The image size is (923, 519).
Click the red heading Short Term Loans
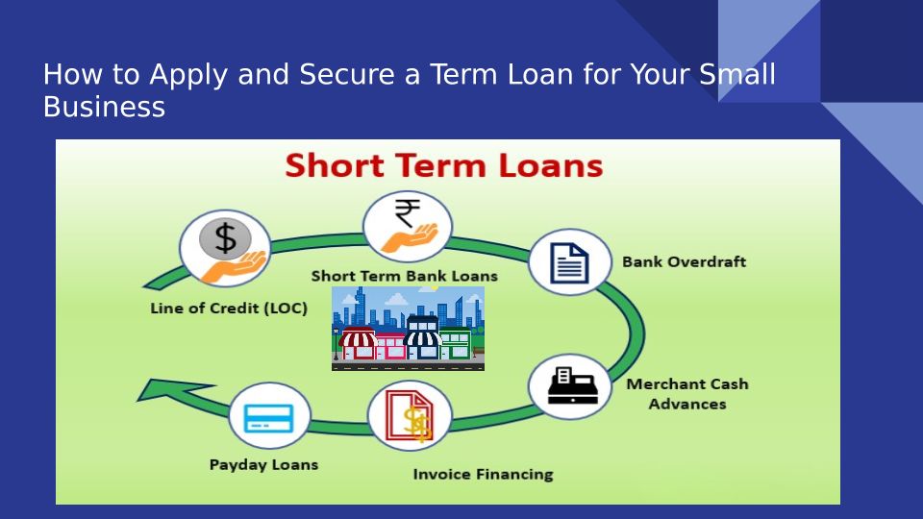444,165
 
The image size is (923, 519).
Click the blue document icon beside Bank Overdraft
569,263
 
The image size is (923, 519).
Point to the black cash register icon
573,386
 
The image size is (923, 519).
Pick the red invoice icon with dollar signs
410,416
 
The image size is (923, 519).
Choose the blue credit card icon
269,418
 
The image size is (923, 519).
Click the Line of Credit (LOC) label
229,309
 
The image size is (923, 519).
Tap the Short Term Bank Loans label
405,276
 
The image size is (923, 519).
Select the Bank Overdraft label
684,261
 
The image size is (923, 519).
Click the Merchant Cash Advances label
687,394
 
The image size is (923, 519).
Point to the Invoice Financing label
484,474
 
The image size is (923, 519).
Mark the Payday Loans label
263,465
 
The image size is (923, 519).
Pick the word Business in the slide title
104,107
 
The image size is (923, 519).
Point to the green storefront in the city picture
456,343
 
